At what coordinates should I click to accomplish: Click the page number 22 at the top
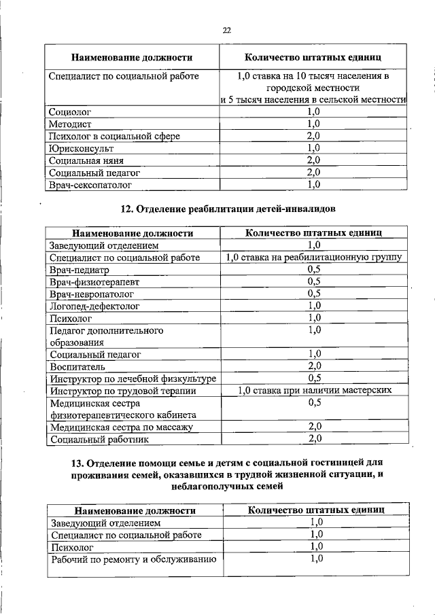pyautogui.click(x=227, y=29)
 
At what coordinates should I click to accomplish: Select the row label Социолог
pyautogui.click(x=70, y=111)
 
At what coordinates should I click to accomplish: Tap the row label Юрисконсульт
pyautogui.click(x=82, y=148)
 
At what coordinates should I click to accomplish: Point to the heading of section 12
pyautogui.click(x=227, y=209)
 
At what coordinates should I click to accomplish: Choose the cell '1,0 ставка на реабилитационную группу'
pyautogui.click(x=313, y=258)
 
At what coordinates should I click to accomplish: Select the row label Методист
pyautogui.click(x=71, y=124)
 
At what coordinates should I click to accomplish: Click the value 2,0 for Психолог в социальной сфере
pyautogui.click(x=313, y=136)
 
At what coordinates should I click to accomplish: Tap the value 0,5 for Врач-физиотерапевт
pyautogui.click(x=313, y=281)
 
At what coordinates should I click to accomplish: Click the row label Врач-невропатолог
pyautogui.click(x=92, y=294)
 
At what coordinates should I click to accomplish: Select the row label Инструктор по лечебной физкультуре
pyautogui.click(x=133, y=378)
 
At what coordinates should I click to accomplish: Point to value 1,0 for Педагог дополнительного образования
pyautogui.click(x=313, y=330)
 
